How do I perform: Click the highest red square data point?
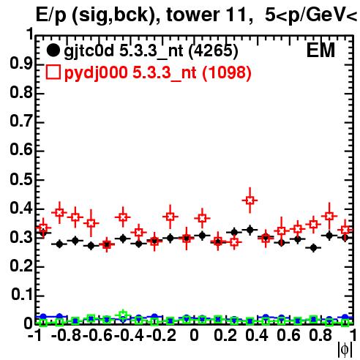[x=250, y=200]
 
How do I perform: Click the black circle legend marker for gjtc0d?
[x=53, y=50]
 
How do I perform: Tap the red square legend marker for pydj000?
[x=53, y=72]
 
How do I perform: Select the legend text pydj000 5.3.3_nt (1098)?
[x=158, y=72]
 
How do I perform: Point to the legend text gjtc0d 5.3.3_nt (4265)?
[x=151, y=52]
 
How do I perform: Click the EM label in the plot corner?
[x=320, y=50]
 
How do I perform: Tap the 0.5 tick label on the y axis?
[x=21, y=179]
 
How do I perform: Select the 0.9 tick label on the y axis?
[x=21, y=64]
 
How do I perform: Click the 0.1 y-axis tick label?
[x=21, y=295]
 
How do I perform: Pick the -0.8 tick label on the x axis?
[x=66, y=335]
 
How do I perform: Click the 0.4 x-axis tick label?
[x=257, y=335]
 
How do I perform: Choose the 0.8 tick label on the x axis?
[x=320, y=335]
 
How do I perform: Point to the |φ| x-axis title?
[x=345, y=350]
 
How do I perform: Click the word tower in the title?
[x=193, y=15]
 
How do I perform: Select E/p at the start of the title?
[x=51, y=15]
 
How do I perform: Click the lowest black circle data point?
[x=314, y=248]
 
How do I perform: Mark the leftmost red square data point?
[x=43, y=228]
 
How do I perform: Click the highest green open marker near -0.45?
[x=123, y=315]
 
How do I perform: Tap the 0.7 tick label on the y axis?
[x=21, y=121]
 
